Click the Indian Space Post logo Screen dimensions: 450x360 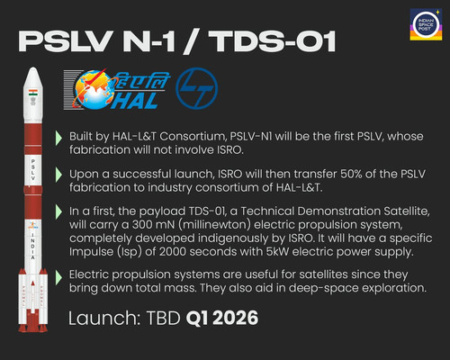coord(426,24)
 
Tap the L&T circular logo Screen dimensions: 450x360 coord(196,88)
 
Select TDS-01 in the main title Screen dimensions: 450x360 coord(273,41)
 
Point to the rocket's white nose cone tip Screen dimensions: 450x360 coord(33,68)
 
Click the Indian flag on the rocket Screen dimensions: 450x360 coord(33,93)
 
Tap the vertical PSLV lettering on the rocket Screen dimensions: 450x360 coord(33,170)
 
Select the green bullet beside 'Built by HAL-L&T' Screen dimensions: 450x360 coord(58,139)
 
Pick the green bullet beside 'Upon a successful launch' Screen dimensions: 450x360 coord(58,175)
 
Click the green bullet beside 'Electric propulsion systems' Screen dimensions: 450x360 coord(58,277)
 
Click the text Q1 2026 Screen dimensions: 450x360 coord(222,318)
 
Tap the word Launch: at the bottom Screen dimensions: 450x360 coord(104,318)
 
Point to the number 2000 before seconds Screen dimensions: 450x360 coord(173,252)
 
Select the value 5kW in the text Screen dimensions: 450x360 coord(277,252)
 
